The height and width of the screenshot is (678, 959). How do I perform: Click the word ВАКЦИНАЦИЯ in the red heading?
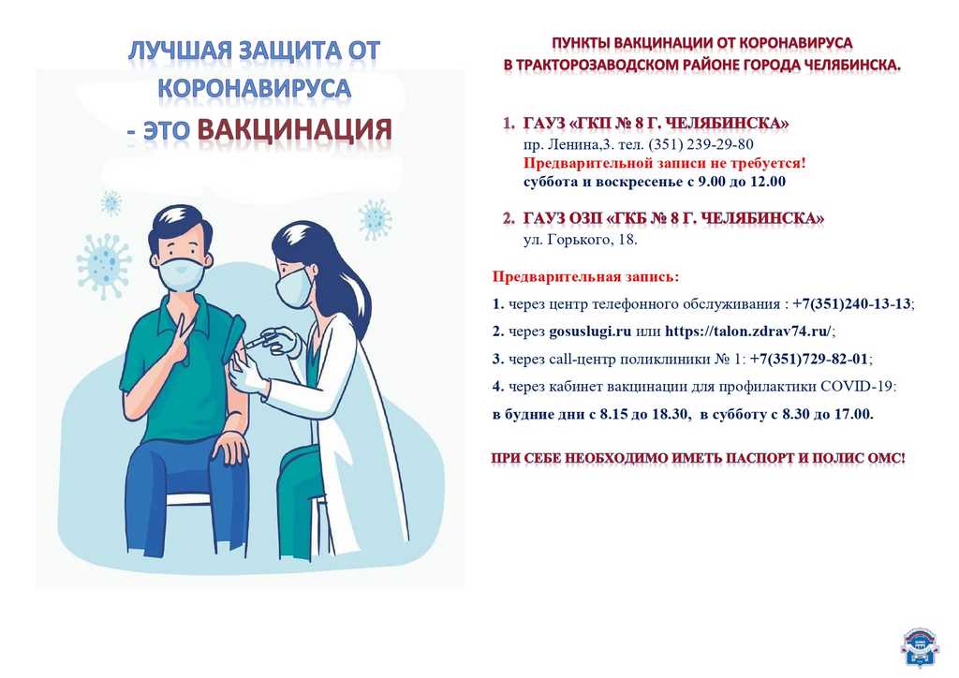pyautogui.click(x=294, y=129)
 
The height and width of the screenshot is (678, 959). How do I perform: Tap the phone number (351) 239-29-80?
pyautogui.click(x=701, y=144)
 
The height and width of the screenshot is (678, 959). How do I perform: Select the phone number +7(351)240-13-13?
pyautogui.click(x=851, y=303)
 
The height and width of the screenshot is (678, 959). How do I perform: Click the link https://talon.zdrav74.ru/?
pyautogui.click(x=748, y=331)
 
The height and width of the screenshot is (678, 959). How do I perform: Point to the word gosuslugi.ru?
pyautogui.click(x=590, y=332)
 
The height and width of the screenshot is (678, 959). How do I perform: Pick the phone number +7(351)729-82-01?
pyautogui.click(x=808, y=359)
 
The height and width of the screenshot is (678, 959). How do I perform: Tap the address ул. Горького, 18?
pyautogui.click(x=580, y=240)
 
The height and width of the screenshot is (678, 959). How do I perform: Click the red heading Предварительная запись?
pyautogui.click(x=585, y=276)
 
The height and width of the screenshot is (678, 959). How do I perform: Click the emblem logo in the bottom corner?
pyautogui.click(x=920, y=647)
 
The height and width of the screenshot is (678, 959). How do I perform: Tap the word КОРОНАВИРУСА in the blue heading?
pyautogui.click(x=255, y=89)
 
